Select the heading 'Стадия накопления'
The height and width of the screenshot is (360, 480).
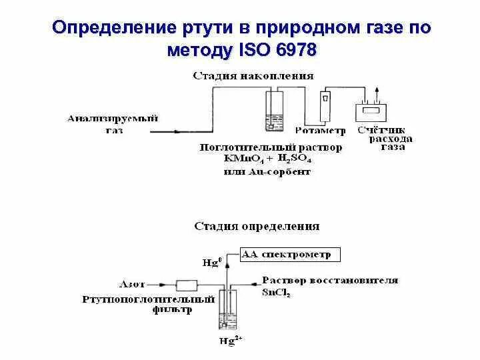tap(253, 75)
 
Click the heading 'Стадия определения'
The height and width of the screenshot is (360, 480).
tap(257, 226)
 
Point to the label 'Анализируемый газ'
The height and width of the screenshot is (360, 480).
tap(113, 124)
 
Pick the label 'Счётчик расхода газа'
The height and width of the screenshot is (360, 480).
tap(385, 139)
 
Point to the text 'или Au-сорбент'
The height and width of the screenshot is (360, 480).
tap(267, 172)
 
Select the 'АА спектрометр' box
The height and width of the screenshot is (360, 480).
tap(290, 254)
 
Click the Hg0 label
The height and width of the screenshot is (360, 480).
tap(211, 262)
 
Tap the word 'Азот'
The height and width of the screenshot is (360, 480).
tap(133, 283)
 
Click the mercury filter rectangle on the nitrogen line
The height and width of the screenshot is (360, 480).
tap(186, 285)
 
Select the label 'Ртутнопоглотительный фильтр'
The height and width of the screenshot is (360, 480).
tap(149, 304)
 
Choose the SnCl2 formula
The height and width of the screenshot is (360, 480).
tap(277, 292)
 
